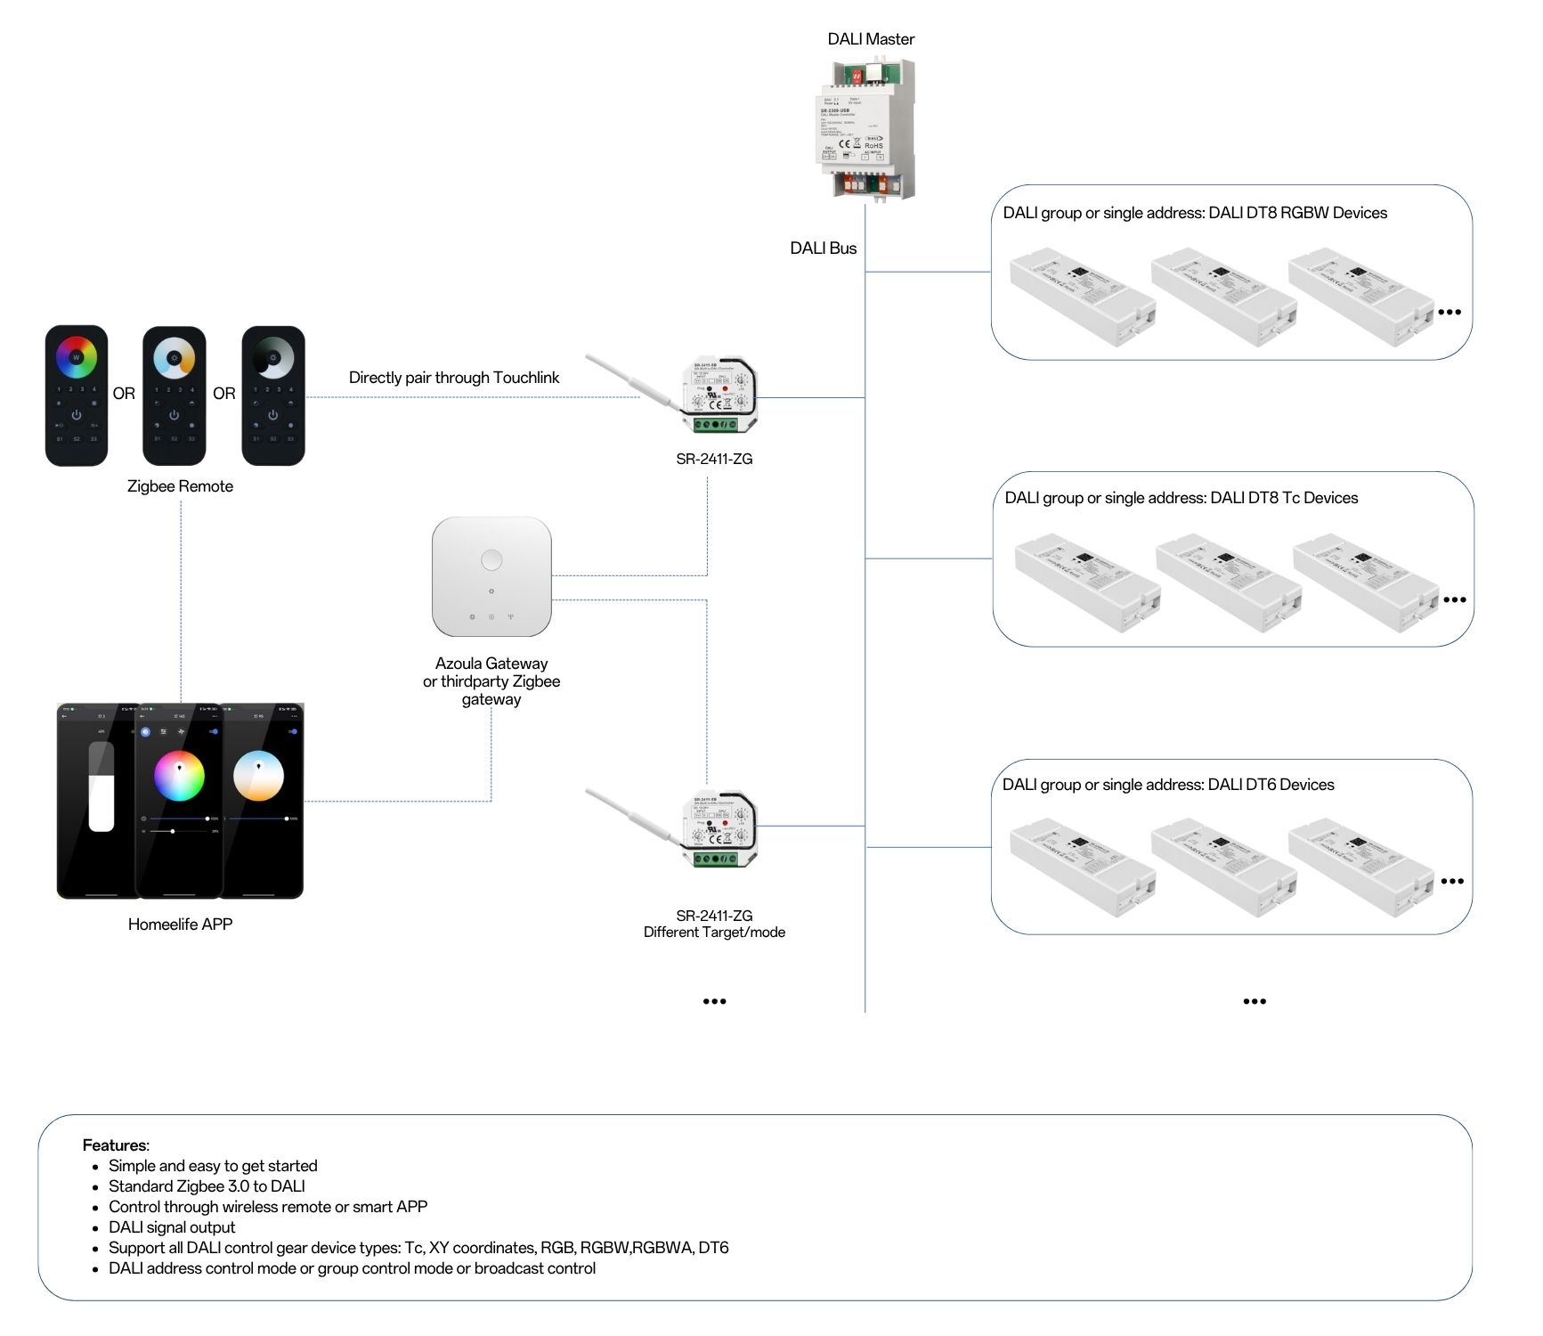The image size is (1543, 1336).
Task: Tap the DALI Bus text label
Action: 823,248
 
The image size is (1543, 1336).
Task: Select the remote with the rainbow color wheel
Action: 77,395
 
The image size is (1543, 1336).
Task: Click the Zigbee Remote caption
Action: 180,486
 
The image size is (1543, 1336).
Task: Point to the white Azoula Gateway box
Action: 491,576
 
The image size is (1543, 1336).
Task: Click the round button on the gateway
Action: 491,560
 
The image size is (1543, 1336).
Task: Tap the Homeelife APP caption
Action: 180,925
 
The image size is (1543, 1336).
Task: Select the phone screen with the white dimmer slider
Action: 99,800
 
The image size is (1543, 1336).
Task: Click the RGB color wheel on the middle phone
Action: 179,777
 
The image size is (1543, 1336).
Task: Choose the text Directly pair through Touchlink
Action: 454,378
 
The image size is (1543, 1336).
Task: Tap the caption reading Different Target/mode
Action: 714,933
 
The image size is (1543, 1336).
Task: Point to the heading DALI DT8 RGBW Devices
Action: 1194,213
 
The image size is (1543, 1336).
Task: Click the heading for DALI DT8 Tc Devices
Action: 1181,498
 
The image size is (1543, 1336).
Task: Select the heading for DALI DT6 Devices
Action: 1168,785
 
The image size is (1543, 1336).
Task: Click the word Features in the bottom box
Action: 115,1145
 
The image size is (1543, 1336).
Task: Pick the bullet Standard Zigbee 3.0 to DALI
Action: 207,1186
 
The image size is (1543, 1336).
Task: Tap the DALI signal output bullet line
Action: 172,1227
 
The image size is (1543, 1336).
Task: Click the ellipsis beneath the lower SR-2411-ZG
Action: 714,1001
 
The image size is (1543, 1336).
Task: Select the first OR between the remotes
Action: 124,394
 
